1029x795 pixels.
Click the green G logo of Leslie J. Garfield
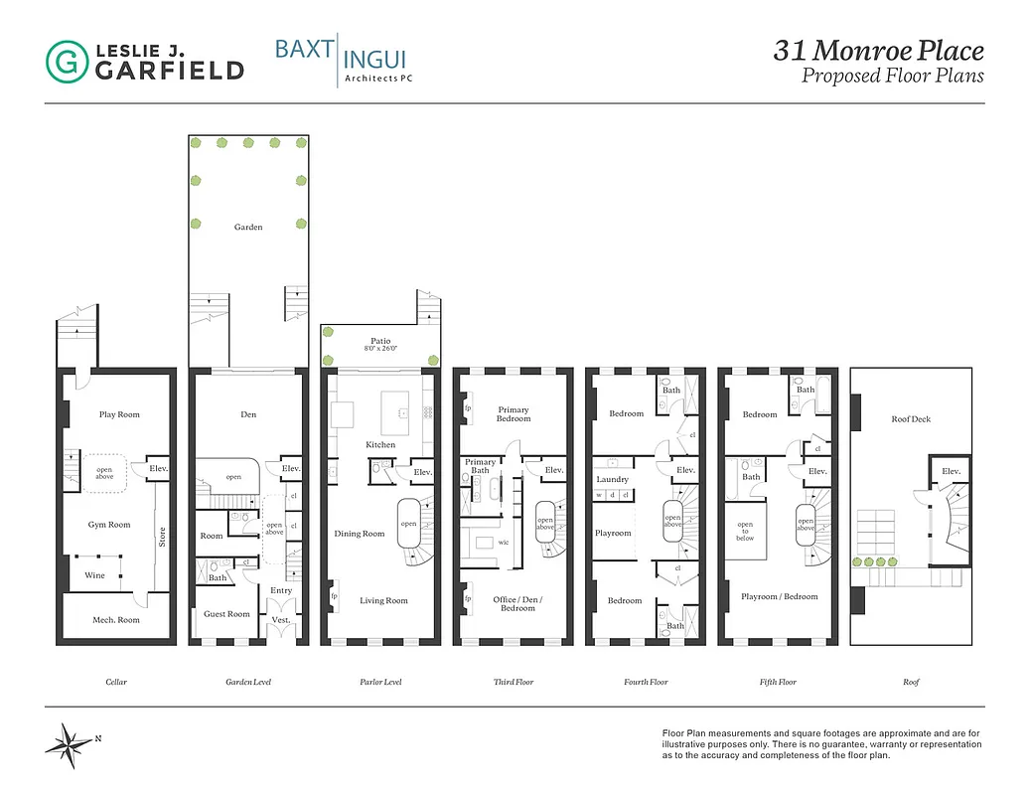click(67, 61)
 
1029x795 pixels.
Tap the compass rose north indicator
click(71, 741)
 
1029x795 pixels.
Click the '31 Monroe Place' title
click(878, 51)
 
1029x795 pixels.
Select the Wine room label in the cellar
click(94, 575)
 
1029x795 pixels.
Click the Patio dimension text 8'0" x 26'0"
click(380, 350)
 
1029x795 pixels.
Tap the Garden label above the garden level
click(248, 228)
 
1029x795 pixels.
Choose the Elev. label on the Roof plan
click(950, 470)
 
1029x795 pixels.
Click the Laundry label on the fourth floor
click(612, 479)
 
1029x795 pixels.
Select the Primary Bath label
click(481, 466)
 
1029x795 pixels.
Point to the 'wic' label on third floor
click(503, 543)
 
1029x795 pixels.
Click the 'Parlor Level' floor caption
click(380, 682)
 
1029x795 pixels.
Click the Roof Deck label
click(911, 419)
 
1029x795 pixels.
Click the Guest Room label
click(226, 614)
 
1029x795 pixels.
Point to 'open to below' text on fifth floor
click(745, 531)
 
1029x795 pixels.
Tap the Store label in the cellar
click(162, 536)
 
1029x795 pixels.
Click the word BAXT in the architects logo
click(303, 50)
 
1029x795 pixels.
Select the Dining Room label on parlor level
click(359, 534)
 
